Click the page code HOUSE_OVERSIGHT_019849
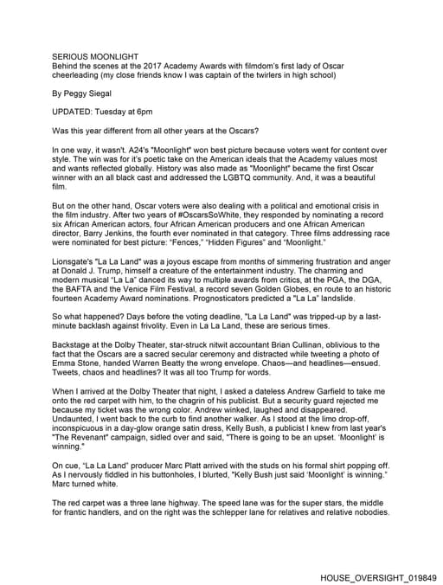click(x=377, y=576)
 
